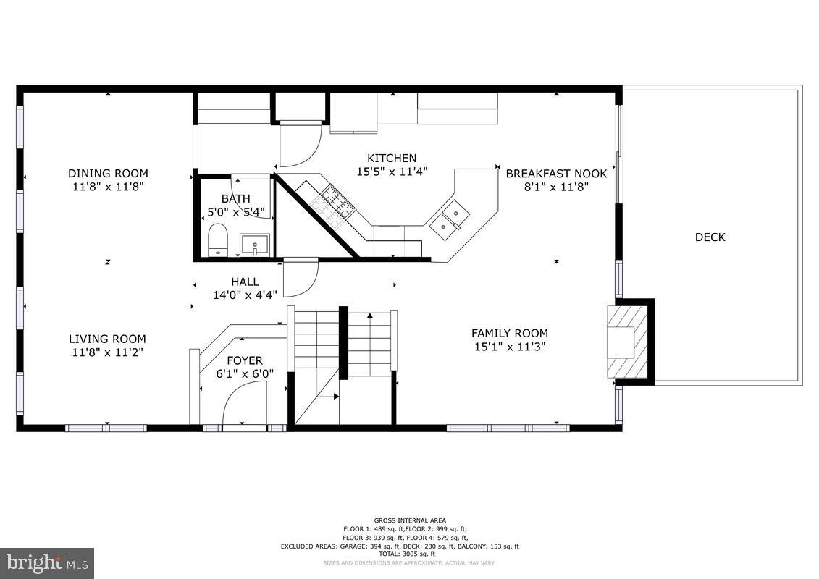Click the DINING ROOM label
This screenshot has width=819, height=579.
(108, 173)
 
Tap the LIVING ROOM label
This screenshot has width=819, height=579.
(107, 339)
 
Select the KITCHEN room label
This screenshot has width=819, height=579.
(392, 158)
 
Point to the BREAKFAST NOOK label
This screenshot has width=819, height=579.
(556, 174)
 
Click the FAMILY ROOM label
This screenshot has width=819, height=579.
(509, 333)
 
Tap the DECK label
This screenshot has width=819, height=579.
(710, 237)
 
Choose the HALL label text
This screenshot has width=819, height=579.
(245, 282)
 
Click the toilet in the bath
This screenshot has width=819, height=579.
(217, 240)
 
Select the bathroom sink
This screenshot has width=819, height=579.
(255, 245)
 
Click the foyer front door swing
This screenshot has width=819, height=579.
(243, 404)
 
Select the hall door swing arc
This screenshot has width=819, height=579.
(300, 279)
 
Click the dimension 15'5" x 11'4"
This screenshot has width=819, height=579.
(392, 172)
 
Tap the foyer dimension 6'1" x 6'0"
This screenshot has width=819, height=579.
(245, 374)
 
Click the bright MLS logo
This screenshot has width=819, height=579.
(47, 562)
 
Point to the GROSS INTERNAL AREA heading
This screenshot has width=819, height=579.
(410, 520)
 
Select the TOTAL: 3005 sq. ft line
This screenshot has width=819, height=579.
(410, 554)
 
